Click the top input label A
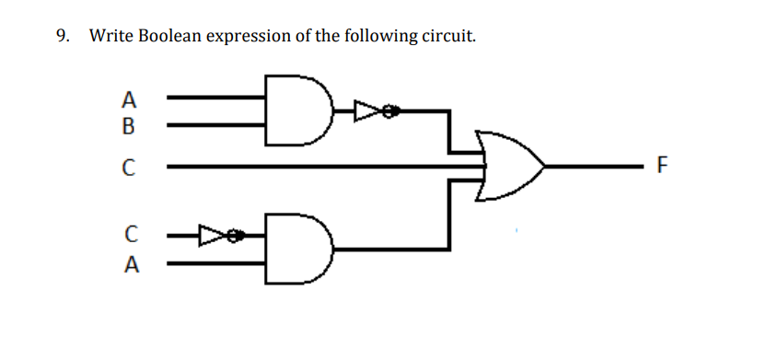click(130, 98)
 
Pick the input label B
click(130, 124)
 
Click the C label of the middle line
click(130, 168)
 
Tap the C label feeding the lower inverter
click(130, 238)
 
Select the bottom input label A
click(130, 265)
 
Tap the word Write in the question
click(110, 37)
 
